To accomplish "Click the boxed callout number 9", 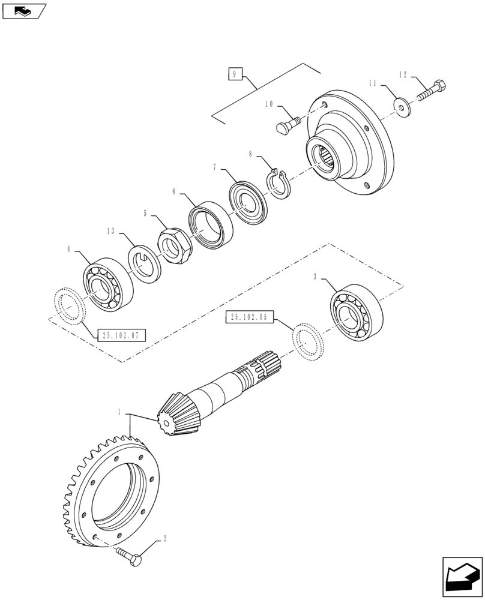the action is (x=235, y=74).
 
